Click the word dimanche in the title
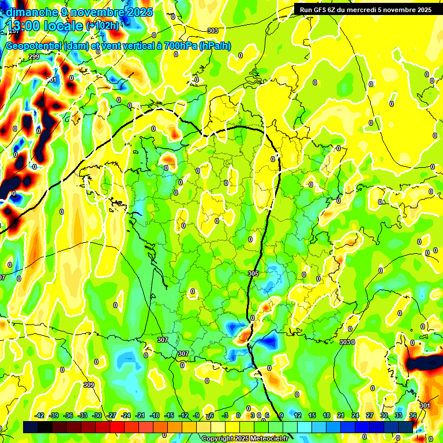[x=32, y=12]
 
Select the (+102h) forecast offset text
[x=103, y=26]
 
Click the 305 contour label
[x=253, y=273]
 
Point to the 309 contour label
[x=88, y=385]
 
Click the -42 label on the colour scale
[x=40, y=415]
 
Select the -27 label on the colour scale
[x=111, y=415]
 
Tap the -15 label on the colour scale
[x=169, y=415]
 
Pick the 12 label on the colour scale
[x=298, y=415]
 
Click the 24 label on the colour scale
[x=355, y=415]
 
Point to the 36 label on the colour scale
[x=412, y=415]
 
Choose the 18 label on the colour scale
[x=326, y=415]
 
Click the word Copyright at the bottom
[x=217, y=438]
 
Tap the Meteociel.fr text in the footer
[x=269, y=438]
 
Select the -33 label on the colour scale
[x=82, y=415]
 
